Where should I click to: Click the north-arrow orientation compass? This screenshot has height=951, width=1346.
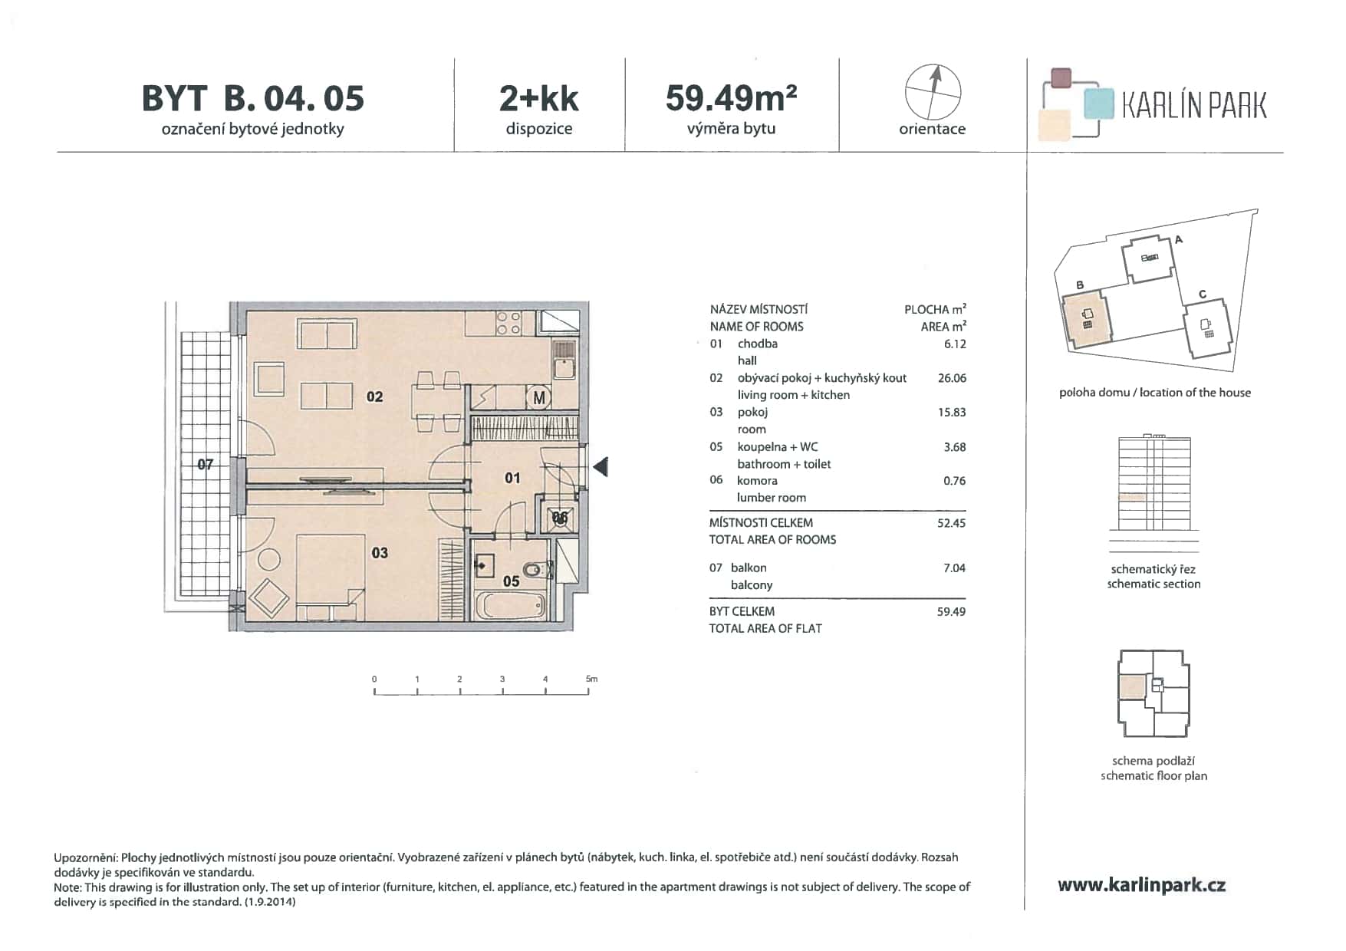[933, 92]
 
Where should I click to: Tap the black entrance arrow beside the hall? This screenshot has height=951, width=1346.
[601, 466]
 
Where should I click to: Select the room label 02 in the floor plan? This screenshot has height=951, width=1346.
[374, 397]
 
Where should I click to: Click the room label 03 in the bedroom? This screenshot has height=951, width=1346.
[380, 553]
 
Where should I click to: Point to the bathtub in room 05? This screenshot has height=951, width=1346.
[511, 607]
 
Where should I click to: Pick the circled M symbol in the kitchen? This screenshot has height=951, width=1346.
[539, 398]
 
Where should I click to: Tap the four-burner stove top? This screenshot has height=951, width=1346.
[508, 323]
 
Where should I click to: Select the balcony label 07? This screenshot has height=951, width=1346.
[206, 464]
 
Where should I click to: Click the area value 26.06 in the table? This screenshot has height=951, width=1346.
[952, 378]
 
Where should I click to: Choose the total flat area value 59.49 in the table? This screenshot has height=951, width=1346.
[951, 612]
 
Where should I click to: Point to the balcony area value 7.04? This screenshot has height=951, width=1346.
[954, 568]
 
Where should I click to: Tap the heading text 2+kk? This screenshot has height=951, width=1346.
[539, 98]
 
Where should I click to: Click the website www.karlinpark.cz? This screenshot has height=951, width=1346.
[1141, 886]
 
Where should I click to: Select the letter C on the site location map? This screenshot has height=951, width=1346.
[1203, 295]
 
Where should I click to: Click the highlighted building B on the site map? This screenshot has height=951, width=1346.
[1087, 318]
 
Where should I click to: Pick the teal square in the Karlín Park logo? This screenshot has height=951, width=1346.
[1099, 104]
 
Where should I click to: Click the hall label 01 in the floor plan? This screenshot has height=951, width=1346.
[512, 479]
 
